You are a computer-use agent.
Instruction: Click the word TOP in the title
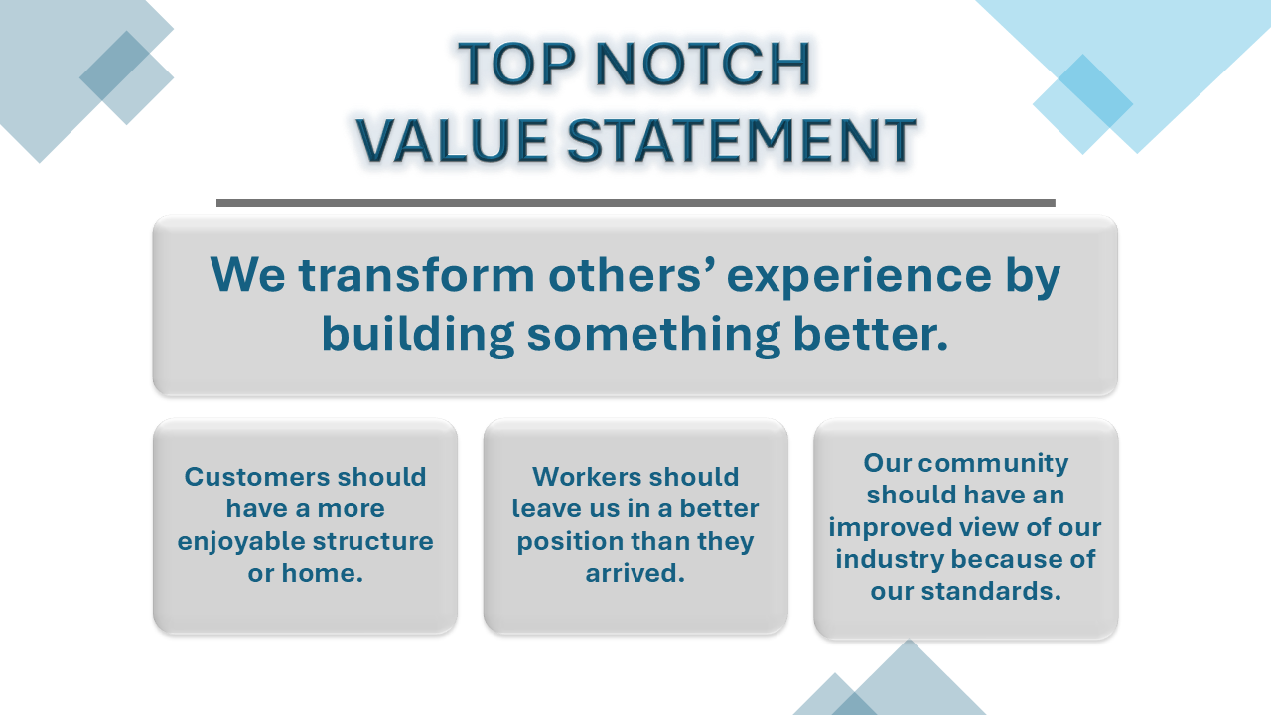point(516,64)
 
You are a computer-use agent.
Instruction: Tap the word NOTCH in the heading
point(703,64)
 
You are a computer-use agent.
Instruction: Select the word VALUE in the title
point(452,140)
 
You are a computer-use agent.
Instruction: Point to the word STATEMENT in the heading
point(742,140)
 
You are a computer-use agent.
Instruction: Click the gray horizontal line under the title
point(635,203)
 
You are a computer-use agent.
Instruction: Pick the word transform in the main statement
point(416,275)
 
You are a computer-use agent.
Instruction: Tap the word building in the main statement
point(418,335)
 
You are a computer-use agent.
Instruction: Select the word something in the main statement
point(654,335)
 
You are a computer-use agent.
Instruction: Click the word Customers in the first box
point(258,477)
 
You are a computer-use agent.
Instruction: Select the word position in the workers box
point(570,542)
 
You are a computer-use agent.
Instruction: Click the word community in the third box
point(993,464)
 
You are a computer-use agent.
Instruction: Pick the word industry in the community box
point(888,560)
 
